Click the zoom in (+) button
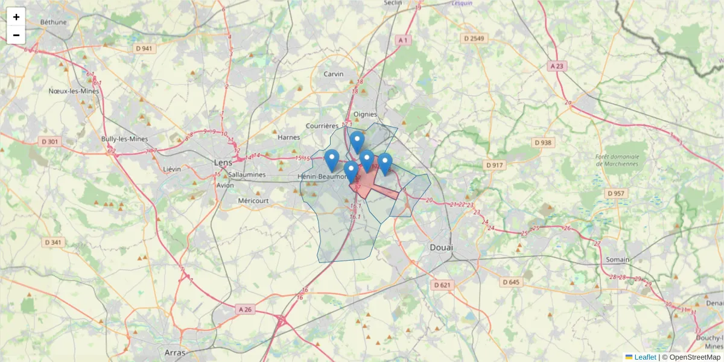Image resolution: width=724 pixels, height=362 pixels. pyautogui.click(x=16, y=17)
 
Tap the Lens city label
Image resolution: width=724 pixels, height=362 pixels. pyautogui.click(x=223, y=162)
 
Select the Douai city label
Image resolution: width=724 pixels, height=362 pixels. pyautogui.click(x=442, y=247)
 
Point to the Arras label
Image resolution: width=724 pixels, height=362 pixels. pyautogui.click(x=174, y=352)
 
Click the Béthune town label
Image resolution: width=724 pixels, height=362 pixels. pyautogui.click(x=53, y=22)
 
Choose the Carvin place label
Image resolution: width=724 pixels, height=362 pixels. pyautogui.click(x=334, y=74)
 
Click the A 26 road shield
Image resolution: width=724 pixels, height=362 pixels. pyautogui.click(x=245, y=310)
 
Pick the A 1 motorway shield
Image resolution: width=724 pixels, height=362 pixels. pyautogui.click(x=403, y=40)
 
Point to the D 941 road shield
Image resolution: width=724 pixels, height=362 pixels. pyautogui.click(x=144, y=48)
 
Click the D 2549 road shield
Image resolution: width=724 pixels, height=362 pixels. pyautogui.click(x=474, y=38)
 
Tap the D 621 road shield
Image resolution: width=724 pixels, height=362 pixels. pyautogui.click(x=442, y=284)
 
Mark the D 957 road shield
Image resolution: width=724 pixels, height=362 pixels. pyautogui.click(x=616, y=194)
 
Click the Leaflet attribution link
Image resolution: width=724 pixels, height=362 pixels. pyautogui.click(x=645, y=357)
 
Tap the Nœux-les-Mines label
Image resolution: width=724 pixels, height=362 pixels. pyautogui.click(x=74, y=91)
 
